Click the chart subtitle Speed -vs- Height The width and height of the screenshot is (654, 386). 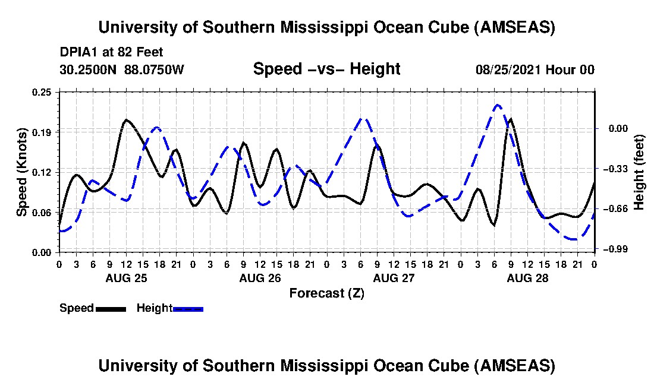[x=326, y=69]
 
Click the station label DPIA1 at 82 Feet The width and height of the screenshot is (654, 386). [x=111, y=52]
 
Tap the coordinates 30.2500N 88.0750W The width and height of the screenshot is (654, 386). [x=122, y=69]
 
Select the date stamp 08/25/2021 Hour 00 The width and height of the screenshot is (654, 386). [x=535, y=69]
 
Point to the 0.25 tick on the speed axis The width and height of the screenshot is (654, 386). [x=42, y=92]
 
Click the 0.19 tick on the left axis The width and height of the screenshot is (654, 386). [x=42, y=132]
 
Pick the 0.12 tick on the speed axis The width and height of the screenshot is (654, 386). [x=42, y=172]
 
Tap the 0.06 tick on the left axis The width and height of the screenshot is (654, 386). [x=42, y=213]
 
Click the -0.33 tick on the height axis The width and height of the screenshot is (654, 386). [x=615, y=169]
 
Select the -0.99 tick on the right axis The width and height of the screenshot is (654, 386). [x=615, y=249]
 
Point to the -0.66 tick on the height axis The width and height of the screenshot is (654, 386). [x=615, y=208]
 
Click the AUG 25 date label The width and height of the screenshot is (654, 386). [x=127, y=278]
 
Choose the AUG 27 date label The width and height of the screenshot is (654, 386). [x=394, y=278]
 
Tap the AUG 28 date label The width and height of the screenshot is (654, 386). [x=527, y=278]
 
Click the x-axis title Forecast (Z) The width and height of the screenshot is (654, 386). [x=327, y=293]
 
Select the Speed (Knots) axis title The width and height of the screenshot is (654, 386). [x=22, y=172]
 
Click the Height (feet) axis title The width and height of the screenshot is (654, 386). [x=639, y=172]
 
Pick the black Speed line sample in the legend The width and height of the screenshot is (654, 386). [x=111, y=309]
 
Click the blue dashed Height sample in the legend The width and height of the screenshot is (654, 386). [x=188, y=309]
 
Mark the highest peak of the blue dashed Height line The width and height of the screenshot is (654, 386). [x=497, y=105]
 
